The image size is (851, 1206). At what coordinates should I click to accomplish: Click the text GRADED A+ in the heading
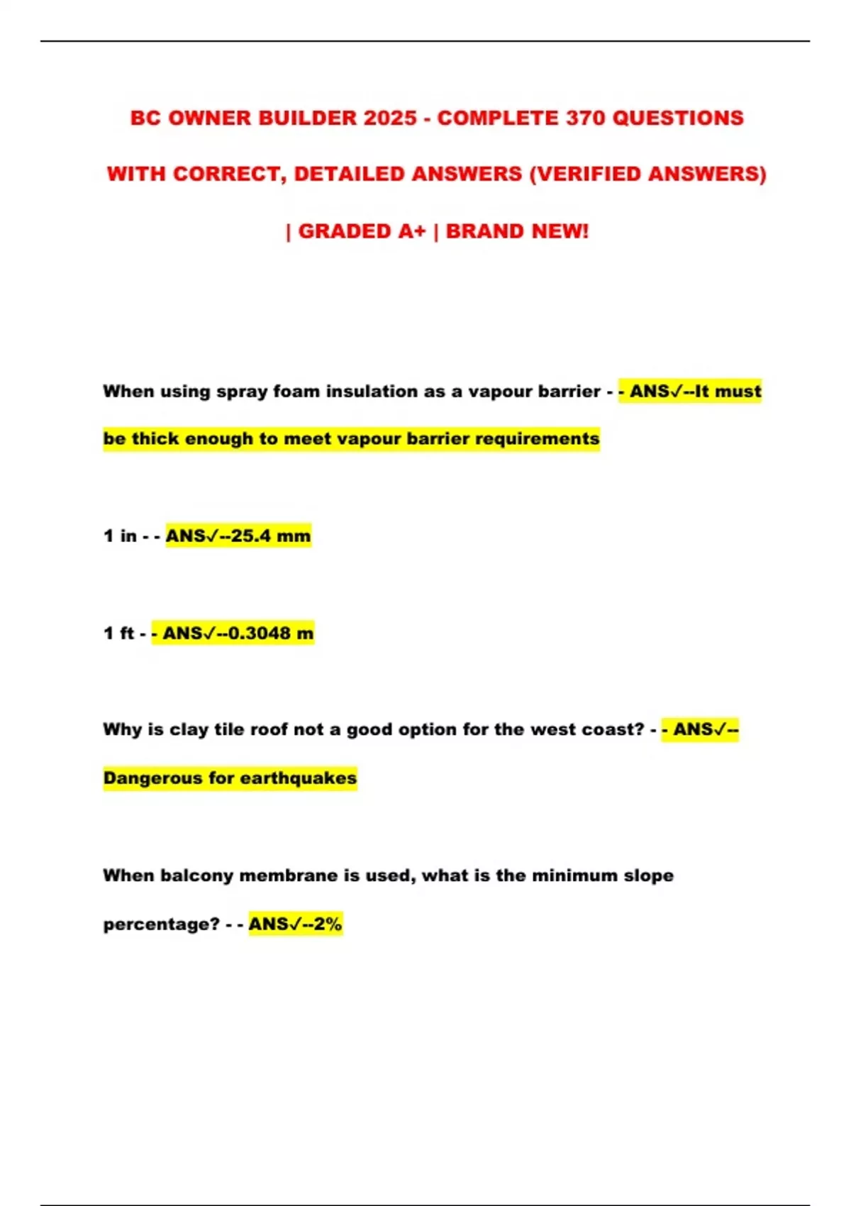pos(362,231)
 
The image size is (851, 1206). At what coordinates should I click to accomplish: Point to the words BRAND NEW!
pos(517,231)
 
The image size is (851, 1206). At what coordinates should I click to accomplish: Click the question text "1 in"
pos(120,536)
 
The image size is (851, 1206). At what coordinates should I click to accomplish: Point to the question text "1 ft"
pos(118,633)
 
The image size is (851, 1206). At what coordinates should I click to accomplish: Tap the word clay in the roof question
pos(188,729)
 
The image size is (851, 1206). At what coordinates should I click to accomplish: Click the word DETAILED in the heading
pos(348,174)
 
